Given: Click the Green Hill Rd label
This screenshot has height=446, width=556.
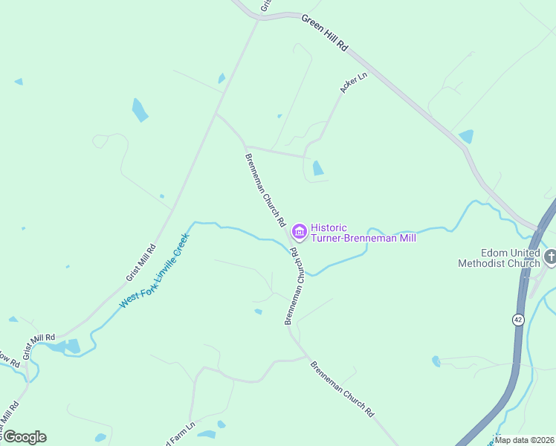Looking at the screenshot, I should (x=325, y=33).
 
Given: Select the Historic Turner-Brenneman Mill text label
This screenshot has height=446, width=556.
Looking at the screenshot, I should (x=363, y=233).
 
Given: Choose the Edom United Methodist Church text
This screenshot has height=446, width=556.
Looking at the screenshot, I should (x=498, y=258).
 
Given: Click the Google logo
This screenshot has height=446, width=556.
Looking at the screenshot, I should (x=25, y=436).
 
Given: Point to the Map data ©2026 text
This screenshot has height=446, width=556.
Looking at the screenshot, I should (x=524, y=440).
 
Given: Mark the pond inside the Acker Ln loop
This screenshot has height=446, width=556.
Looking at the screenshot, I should (x=318, y=168).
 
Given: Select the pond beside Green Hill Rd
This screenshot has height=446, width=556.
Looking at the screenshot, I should (x=466, y=136).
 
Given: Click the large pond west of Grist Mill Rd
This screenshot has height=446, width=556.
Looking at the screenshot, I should (x=140, y=110).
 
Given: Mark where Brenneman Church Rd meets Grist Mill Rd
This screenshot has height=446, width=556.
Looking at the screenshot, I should (x=216, y=114).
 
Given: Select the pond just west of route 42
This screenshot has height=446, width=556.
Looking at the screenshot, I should (x=436, y=361).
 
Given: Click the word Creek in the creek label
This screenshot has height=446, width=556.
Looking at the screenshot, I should (x=178, y=246).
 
